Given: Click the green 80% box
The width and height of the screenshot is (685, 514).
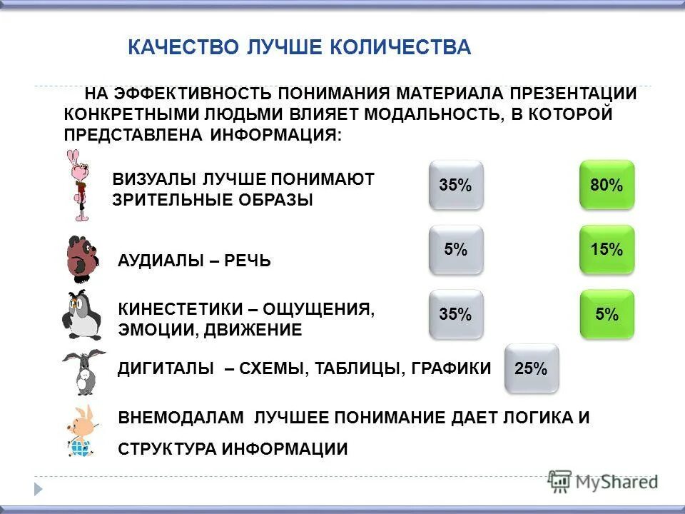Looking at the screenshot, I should [x=607, y=185].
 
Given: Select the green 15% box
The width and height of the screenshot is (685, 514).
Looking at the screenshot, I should [x=607, y=249].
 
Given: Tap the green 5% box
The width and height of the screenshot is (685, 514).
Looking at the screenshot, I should [x=607, y=313].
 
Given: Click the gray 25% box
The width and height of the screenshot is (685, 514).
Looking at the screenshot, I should [x=531, y=368].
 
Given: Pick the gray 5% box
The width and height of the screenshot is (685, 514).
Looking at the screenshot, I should [x=455, y=249].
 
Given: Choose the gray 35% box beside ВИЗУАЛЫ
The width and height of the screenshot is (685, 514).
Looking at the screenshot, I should [x=455, y=185].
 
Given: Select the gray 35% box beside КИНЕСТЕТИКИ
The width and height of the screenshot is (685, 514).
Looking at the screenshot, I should [x=455, y=313].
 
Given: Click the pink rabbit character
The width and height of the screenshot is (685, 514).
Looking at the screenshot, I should [x=77, y=185].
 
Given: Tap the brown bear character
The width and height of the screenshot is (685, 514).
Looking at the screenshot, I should [x=81, y=256].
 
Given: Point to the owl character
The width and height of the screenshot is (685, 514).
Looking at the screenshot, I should [x=81, y=315].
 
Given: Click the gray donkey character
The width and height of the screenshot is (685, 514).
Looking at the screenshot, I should [x=83, y=371].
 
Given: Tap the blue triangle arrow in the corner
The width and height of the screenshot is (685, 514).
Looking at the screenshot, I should [x=39, y=489].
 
